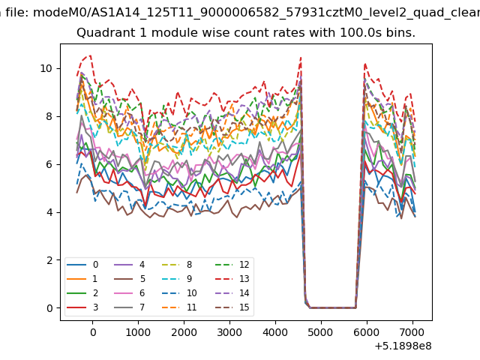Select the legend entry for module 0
click(82, 265)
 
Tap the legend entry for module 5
click(130, 278)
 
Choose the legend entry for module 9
click(177, 278)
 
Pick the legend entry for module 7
click(130, 307)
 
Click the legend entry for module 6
click(130, 293)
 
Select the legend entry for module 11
click(179, 307)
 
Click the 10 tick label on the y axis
click(46, 68)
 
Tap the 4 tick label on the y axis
click(49, 212)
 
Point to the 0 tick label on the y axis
click(49, 308)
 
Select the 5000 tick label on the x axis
click(321, 332)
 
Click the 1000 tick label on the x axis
click(138, 332)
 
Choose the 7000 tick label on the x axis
click(412, 332)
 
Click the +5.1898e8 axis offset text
click(403, 346)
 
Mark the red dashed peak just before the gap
click(301, 57)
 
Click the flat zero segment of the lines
click(333, 307)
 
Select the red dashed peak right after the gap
click(365, 64)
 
